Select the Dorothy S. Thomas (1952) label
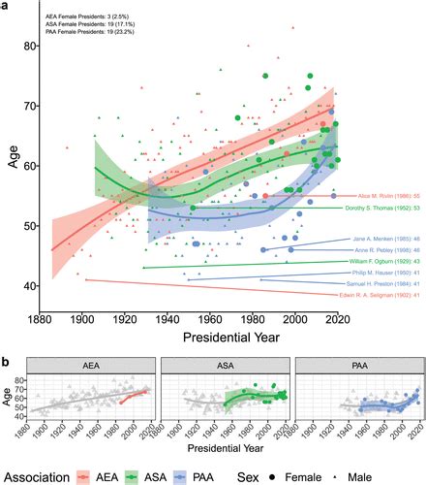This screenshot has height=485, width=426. click(385, 207)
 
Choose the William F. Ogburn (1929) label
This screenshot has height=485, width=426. click(385, 262)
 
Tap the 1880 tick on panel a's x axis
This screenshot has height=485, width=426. click(39, 321)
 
